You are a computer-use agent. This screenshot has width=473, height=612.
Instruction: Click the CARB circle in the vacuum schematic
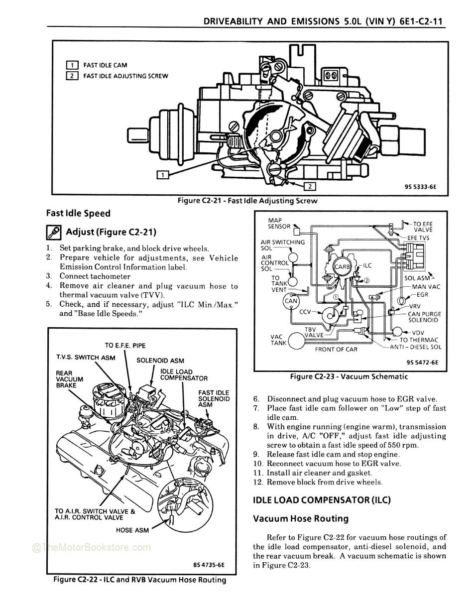pyautogui.click(x=342, y=267)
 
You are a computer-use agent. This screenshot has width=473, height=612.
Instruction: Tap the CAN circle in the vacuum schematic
pyautogui.click(x=291, y=301)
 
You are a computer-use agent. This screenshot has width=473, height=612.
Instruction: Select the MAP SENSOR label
pyautogui.click(x=279, y=223)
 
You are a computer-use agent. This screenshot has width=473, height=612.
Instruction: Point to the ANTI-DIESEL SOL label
pyautogui.click(x=415, y=347)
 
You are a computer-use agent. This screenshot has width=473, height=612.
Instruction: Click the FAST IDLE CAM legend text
pyautogui.click(x=105, y=65)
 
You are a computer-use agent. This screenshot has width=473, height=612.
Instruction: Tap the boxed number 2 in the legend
pyautogui.click(x=72, y=76)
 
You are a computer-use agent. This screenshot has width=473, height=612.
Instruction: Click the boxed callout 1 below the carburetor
pyautogui.click(x=162, y=174)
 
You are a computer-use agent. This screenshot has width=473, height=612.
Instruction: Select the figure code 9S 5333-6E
pyautogui.click(x=420, y=188)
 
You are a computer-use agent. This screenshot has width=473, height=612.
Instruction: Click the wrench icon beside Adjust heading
pyautogui.click(x=53, y=232)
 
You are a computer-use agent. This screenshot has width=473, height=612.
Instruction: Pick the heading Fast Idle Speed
pyautogui.click(x=78, y=213)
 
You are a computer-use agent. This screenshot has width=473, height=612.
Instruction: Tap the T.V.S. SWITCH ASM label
pyautogui.click(x=86, y=358)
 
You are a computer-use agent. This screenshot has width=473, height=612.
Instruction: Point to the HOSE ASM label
pyautogui.click(x=132, y=530)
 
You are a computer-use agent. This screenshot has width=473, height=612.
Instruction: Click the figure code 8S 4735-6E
pyautogui.click(x=209, y=565)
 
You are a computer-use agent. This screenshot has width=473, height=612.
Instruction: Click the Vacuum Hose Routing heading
pyautogui.click(x=301, y=518)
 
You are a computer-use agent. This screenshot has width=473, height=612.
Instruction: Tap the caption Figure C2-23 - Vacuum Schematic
pyautogui.click(x=349, y=376)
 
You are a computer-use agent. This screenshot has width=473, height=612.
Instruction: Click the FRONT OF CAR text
pyautogui.click(x=336, y=349)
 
